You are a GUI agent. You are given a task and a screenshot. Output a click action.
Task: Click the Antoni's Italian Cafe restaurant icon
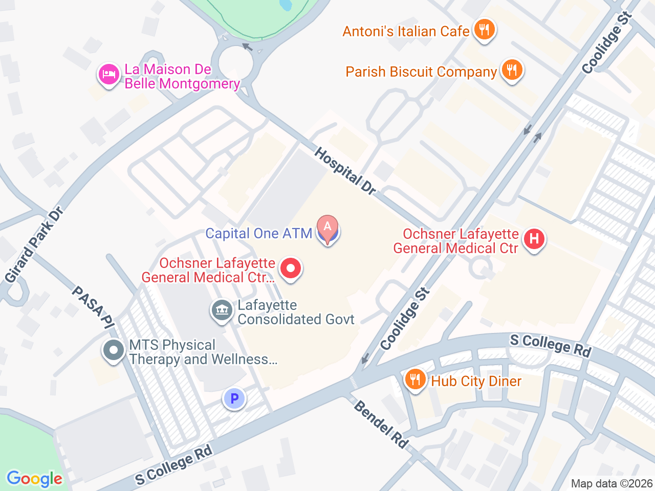click(x=484, y=30)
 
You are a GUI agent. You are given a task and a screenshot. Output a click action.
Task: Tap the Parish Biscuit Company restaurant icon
click(x=511, y=70)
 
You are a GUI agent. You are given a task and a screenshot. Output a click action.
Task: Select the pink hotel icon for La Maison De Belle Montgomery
click(x=108, y=75)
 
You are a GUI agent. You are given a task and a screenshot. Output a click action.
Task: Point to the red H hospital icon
click(x=534, y=239)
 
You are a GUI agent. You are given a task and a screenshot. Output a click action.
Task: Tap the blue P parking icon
click(x=234, y=398)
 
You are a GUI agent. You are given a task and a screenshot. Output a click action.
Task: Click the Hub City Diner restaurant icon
click(x=415, y=380)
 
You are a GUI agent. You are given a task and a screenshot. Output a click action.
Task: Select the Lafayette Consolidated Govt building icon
click(x=222, y=310)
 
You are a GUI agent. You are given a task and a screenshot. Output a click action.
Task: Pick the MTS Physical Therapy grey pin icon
click(x=114, y=351)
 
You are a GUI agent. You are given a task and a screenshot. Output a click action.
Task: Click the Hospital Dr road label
click(x=345, y=171)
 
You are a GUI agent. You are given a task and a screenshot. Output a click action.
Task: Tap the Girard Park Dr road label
click(x=34, y=245)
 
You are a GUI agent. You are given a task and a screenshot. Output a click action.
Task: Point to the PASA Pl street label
click(x=93, y=307)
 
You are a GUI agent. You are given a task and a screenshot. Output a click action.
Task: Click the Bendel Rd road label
click(x=381, y=424)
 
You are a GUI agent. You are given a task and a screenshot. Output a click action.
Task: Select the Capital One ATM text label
click(x=258, y=234)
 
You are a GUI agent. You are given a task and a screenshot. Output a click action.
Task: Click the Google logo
click(x=34, y=479)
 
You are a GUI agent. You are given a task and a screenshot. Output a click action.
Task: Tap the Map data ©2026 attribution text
click(x=612, y=483)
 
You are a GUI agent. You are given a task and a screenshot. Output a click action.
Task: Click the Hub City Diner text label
click(x=476, y=381)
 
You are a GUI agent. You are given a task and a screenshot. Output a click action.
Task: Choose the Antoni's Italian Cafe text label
click(x=406, y=31)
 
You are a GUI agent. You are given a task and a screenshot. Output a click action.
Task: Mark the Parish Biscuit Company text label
click(x=421, y=72)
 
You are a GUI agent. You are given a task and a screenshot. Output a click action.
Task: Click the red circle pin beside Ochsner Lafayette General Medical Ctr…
click(x=291, y=268)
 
